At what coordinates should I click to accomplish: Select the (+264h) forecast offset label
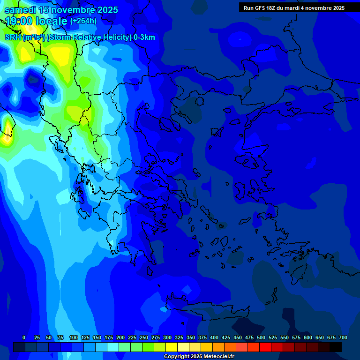coord(83,21)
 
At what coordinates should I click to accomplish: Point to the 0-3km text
coord(144,37)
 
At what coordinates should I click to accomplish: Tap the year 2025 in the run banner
coord(336,8)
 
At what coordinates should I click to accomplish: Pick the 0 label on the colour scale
coord(24,338)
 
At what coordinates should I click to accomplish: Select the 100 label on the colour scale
coord(73,338)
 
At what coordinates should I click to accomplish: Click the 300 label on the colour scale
coord(167,338)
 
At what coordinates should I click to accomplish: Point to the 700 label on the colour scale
coord(343,338)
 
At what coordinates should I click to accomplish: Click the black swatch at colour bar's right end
coord(336,347)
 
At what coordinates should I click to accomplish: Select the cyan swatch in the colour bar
coord(113,347)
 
